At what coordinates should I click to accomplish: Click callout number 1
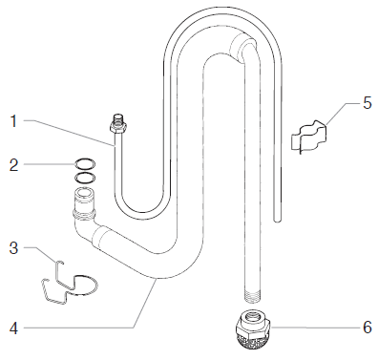click(x=14, y=120)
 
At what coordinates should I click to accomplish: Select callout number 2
click(x=14, y=164)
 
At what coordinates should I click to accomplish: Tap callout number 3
click(x=14, y=248)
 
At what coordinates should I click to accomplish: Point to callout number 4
click(x=14, y=328)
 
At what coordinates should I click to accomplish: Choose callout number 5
click(x=367, y=101)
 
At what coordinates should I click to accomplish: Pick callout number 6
click(x=367, y=327)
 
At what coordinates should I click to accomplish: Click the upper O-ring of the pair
click(x=85, y=164)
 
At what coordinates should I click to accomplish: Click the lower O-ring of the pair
click(x=85, y=177)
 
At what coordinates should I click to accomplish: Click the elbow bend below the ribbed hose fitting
click(x=86, y=229)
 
